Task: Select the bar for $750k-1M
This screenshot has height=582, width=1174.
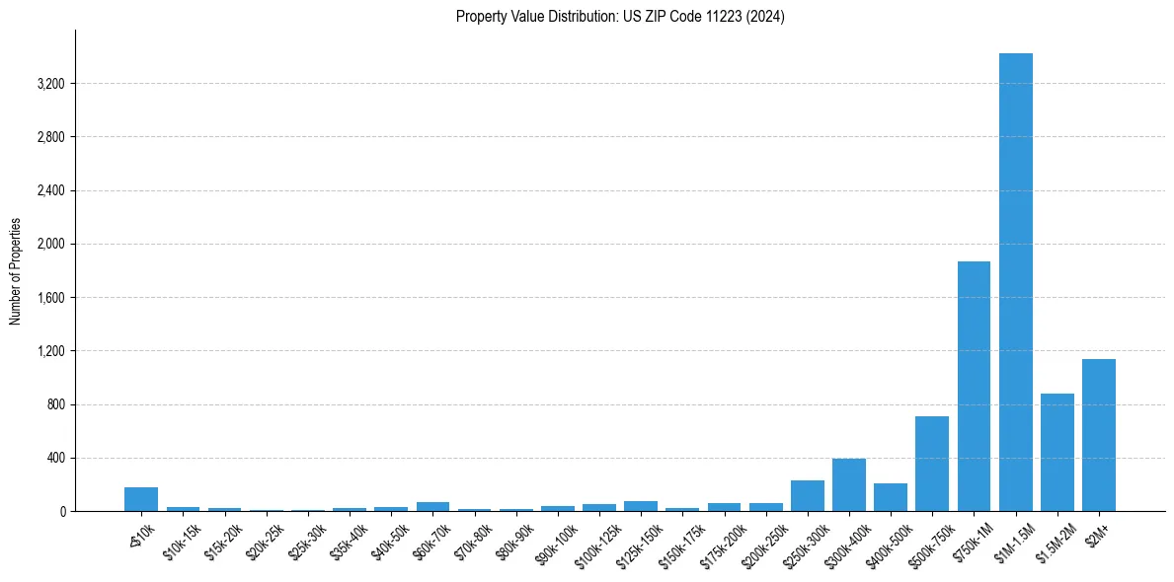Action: pos(974,387)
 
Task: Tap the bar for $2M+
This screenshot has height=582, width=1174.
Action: pos(1098,435)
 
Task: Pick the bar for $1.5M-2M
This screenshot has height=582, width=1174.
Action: pos(1057,453)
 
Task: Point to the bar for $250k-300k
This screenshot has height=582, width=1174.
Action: pos(807,496)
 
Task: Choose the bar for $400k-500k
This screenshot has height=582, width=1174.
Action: pos(890,497)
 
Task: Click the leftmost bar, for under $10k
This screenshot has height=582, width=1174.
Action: pos(141,499)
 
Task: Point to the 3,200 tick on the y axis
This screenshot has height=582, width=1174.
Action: pos(50,84)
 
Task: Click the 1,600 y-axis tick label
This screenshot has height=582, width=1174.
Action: pos(50,298)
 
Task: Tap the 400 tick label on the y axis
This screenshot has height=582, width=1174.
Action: pos(55,459)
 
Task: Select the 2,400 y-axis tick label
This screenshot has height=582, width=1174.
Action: pos(50,190)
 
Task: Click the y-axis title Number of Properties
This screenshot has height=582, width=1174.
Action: pos(15,271)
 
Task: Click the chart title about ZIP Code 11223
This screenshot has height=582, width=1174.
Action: pos(620,17)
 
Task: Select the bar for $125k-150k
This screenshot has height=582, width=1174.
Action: pos(640,506)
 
